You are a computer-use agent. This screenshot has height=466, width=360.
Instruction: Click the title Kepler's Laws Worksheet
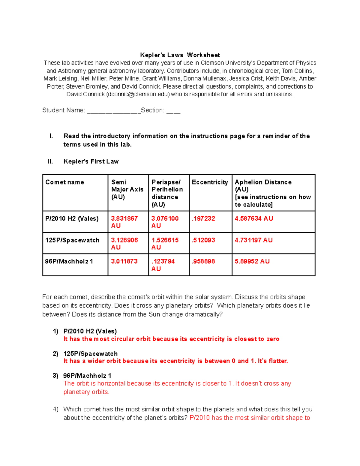(180, 55)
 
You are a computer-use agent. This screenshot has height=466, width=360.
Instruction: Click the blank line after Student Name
(114, 111)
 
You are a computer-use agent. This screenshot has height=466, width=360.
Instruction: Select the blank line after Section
(173, 111)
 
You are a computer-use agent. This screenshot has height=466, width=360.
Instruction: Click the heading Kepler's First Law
(91, 161)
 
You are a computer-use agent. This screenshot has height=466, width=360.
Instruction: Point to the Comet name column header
(64, 182)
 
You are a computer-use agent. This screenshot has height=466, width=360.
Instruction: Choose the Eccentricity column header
(210, 182)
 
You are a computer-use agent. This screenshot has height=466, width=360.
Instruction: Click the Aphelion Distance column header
(263, 182)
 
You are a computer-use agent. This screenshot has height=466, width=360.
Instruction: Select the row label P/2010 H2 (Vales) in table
(72, 218)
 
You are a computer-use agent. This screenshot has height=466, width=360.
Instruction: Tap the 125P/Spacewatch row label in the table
(72, 240)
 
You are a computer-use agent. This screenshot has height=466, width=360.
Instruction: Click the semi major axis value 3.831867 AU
(124, 222)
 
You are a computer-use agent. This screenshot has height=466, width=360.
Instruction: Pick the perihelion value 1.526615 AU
(165, 244)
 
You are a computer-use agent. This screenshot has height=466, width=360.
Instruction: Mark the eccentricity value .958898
(203, 261)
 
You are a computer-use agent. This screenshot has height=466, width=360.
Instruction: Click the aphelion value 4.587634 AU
(254, 218)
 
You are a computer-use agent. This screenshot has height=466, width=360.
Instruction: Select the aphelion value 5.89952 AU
(252, 261)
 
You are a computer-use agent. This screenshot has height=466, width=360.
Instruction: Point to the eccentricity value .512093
(203, 240)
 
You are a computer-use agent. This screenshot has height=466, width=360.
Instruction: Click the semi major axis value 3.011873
(124, 261)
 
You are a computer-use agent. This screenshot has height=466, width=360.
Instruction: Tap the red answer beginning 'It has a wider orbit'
(175, 361)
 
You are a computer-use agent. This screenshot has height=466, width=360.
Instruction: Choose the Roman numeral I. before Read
(51, 136)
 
